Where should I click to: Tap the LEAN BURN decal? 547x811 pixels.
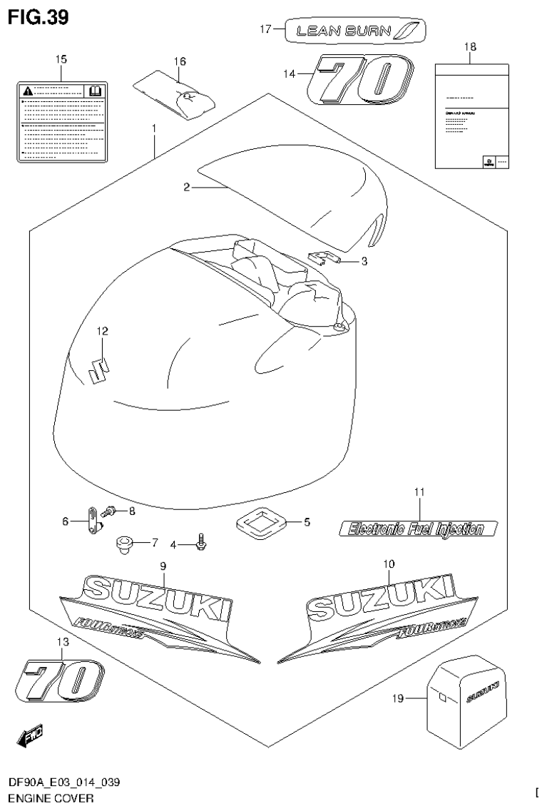(x=354, y=30)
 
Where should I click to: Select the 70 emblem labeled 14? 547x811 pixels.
(x=359, y=80)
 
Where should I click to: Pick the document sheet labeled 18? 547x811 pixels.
(x=471, y=115)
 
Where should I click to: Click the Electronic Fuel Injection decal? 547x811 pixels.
(x=417, y=529)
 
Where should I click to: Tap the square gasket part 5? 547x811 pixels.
(x=260, y=523)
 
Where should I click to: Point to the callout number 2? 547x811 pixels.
(x=186, y=188)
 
